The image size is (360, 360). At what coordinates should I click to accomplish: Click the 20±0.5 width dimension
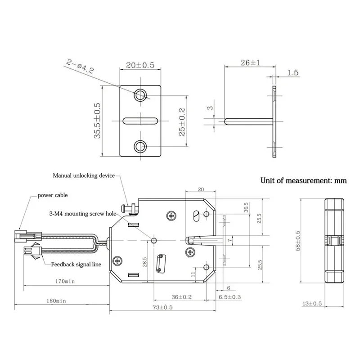pyautogui.click(x=140, y=65)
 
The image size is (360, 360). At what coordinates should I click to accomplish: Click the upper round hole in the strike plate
pyautogui.click(x=140, y=94)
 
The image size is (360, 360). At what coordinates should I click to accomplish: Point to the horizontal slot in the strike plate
pyautogui.click(x=140, y=120)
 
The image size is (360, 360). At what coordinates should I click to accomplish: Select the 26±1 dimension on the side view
pyautogui.click(x=246, y=63)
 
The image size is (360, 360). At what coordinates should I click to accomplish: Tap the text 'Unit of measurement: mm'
pyautogui.click(x=304, y=181)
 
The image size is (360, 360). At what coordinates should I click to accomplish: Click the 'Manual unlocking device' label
pyautogui.click(x=84, y=175)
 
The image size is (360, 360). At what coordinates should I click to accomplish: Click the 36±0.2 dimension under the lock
pyautogui.click(x=182, y=297)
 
